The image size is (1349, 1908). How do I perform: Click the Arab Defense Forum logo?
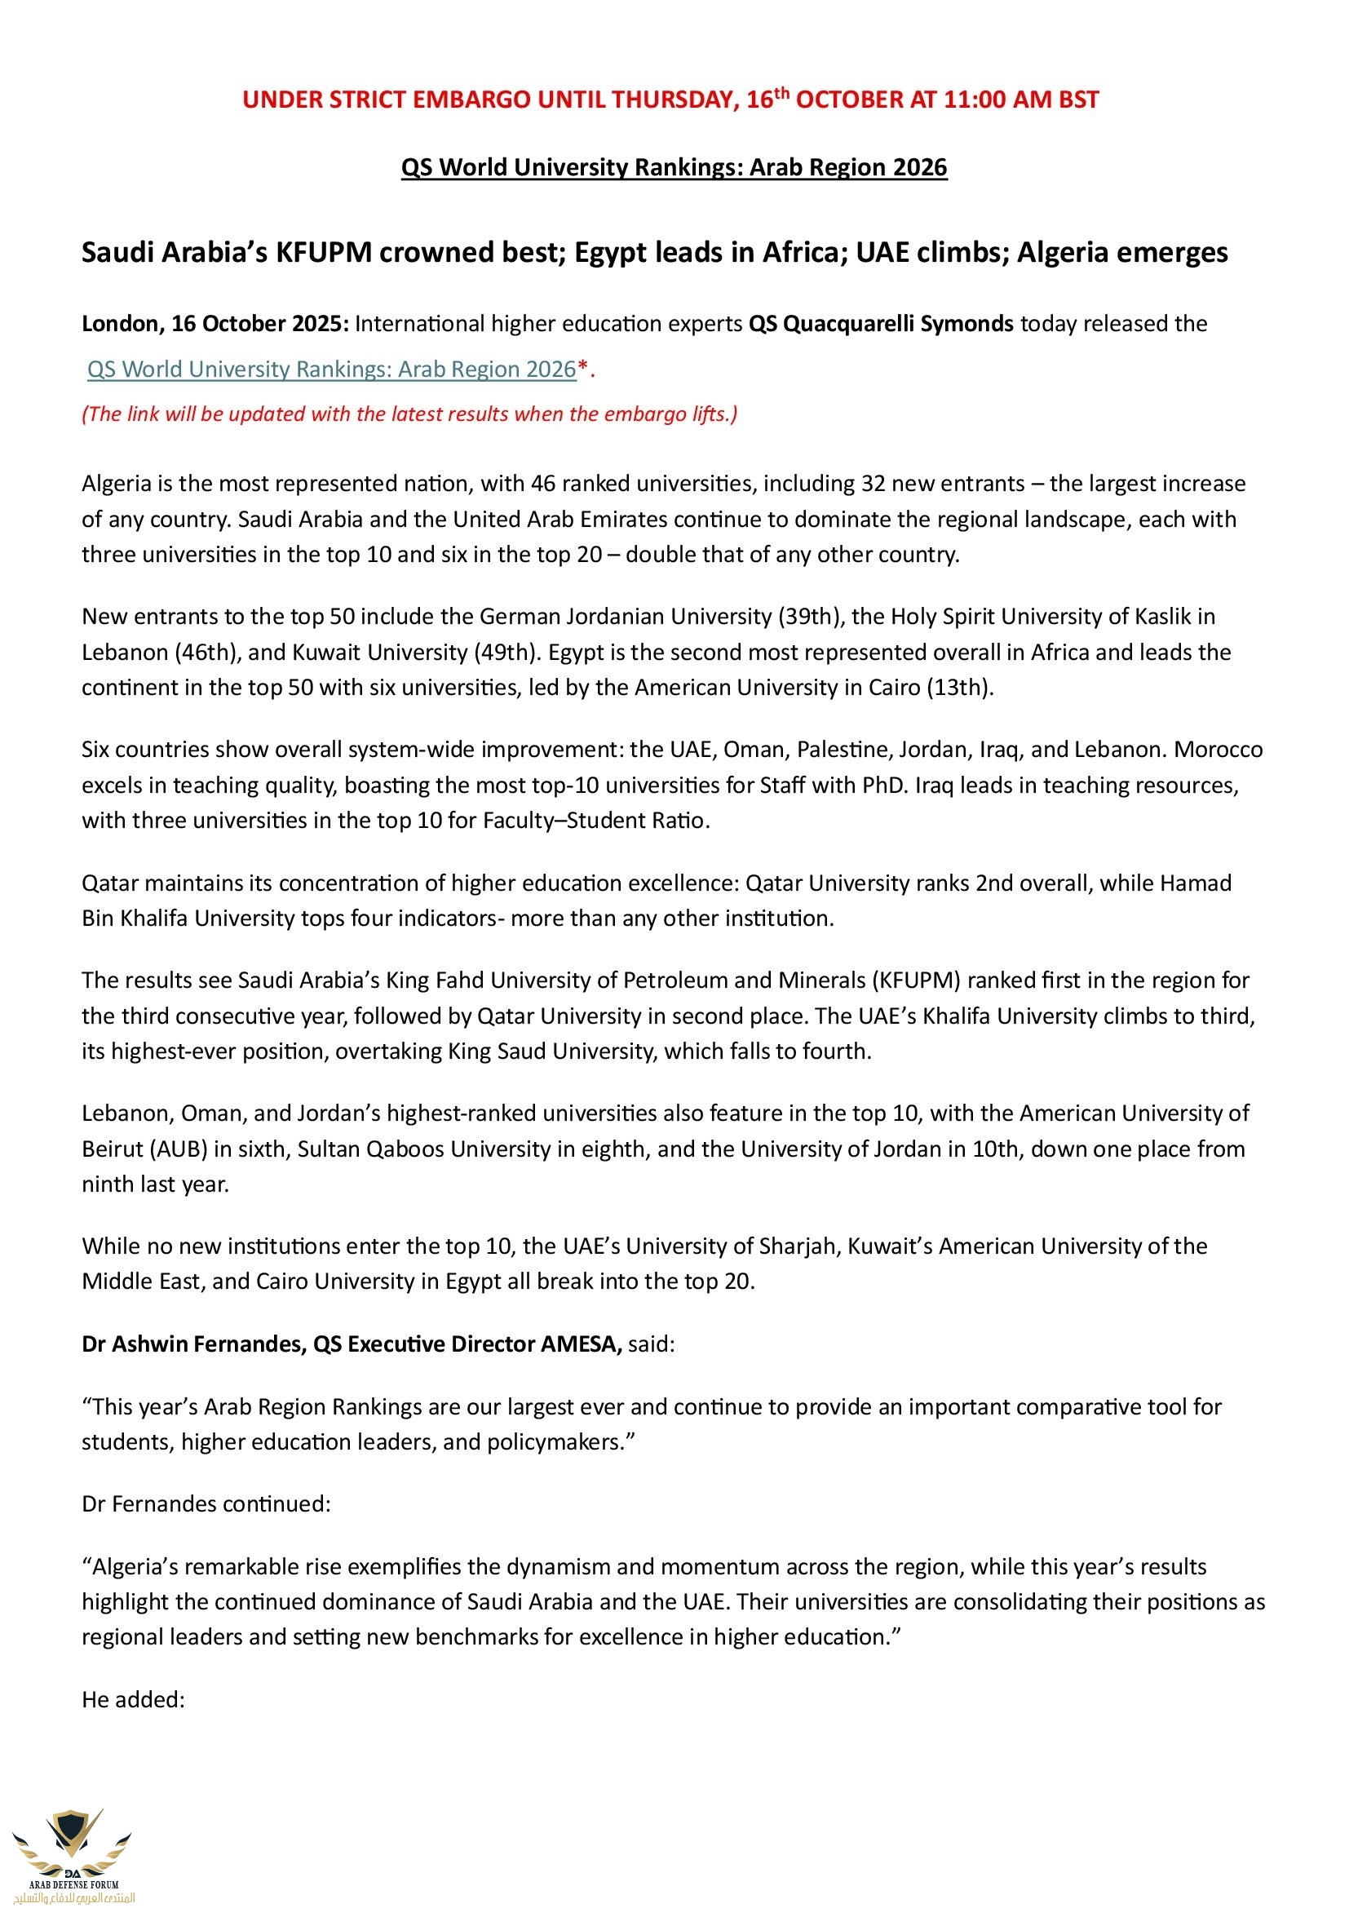(x=73, y=1853)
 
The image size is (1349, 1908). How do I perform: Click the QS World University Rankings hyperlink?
(x=331, y=369)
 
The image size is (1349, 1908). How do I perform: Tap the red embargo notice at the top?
(x=670, y=100)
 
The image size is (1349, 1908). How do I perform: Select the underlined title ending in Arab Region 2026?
(x=674, y=167)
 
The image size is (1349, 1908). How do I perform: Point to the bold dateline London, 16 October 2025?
(x=215, y=323)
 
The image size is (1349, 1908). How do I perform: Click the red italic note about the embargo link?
(x=409, y=414)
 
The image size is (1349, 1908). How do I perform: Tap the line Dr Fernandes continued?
(x=206, y=1504)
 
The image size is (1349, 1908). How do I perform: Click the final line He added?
(x=133, y=1699)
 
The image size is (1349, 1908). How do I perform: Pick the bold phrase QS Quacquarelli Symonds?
(x=881, y=323)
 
